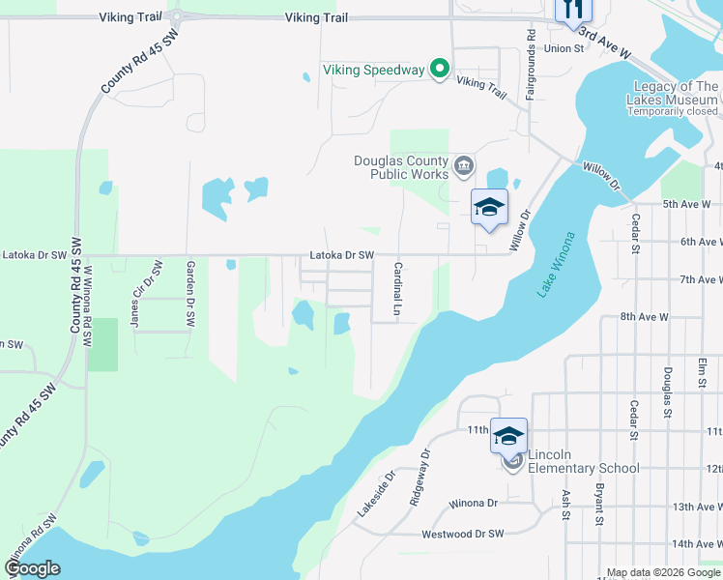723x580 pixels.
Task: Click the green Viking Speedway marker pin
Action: coord(440,69)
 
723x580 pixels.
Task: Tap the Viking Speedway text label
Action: coord(373,70)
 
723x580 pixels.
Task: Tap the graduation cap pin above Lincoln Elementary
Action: coord(508,436)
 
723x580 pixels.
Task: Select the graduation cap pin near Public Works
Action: coord(489,207)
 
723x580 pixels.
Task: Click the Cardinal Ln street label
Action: coord(396,289)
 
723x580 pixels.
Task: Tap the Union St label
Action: coord(564,47)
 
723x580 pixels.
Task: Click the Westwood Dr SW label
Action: coord(463,534)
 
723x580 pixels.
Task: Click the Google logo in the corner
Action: coord(31,568)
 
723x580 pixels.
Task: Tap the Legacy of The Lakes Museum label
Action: coord(674,93)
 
